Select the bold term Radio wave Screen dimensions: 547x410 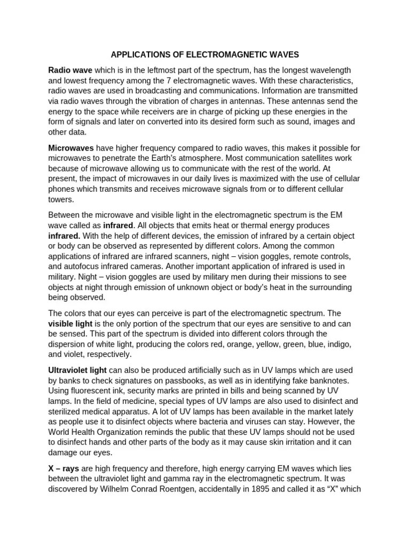tap(70, 71)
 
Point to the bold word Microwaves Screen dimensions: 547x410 tap(71, 147)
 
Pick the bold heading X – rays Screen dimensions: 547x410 tap(64, 468)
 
